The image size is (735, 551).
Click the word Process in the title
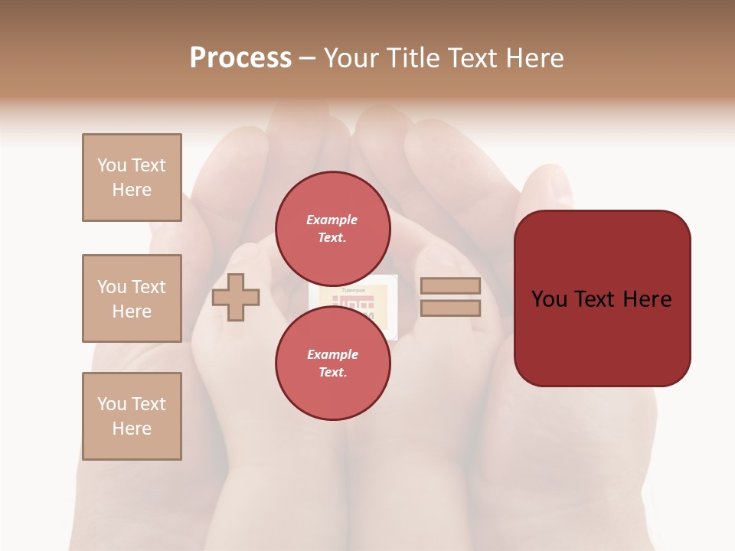[x=240, y=58]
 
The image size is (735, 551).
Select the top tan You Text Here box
[x=132, y=178]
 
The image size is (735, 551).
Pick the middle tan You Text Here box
[x=132, y=298]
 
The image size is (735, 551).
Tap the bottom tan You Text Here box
[x=132, y=416]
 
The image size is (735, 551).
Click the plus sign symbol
[x=236, y=297]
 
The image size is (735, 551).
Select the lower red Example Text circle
[x=332, y=363]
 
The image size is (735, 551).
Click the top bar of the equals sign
[x=450, y=286]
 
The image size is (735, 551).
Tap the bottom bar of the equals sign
[x=450, y=308]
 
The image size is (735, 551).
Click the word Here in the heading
[x=534, y=58]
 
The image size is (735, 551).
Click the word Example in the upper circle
[x=332, y=220]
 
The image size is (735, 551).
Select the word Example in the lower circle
[x=332, y=354]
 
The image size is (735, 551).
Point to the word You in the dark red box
[x=550, y=299]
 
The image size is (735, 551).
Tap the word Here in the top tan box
[x=132, y=190]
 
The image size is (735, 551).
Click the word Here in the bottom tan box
[x=132, y=429]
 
